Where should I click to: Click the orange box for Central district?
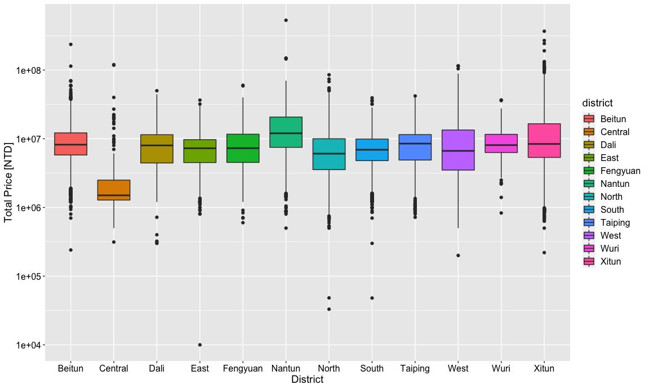click(114, 190)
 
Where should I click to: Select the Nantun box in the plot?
click(286, 132)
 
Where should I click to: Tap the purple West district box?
click(458, 150)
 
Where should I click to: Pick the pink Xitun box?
click(544, 140)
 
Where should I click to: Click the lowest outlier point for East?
click(200, 345)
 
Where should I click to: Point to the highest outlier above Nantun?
click(286, 20)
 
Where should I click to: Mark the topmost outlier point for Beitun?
click(71, 44)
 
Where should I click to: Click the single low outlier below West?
click(458, 256)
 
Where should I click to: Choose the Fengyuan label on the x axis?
click(243, 369)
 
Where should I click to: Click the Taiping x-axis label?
click(415, 369)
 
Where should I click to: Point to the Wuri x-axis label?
click(501, 369)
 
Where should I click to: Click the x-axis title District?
click(307, 380)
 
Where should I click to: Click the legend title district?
click(597, 103)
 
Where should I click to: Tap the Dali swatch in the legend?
click(589, 145)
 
